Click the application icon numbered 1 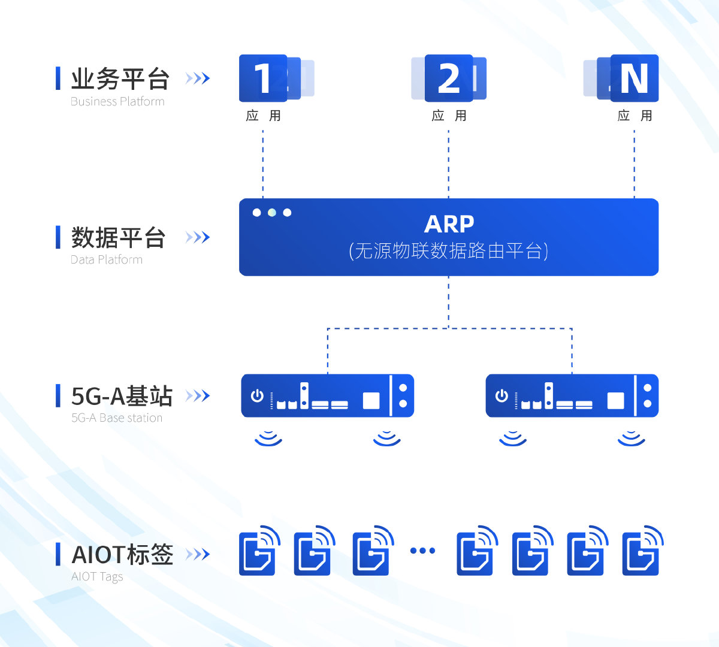[x=262, y=78]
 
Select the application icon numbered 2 [x=449, y=78]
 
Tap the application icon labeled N [x=634, y=78]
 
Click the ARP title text [x=449, y=224]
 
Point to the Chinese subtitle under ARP [x=449, y=250]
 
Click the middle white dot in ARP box [x=272, y=213]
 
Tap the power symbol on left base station [x=257, y=395]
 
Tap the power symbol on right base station [x=502, y=395]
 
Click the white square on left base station [x=371, y=400]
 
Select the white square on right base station [x=616, y=400]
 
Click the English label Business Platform [x=117, y=102]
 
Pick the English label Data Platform [x=107, y=260]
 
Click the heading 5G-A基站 [x=122, y=396]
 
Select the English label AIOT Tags [x=97, y=576]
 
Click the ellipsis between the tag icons [x=422, y=551]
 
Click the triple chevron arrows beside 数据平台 [x=198, y=237]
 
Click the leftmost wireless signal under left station [x=268, y=439]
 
